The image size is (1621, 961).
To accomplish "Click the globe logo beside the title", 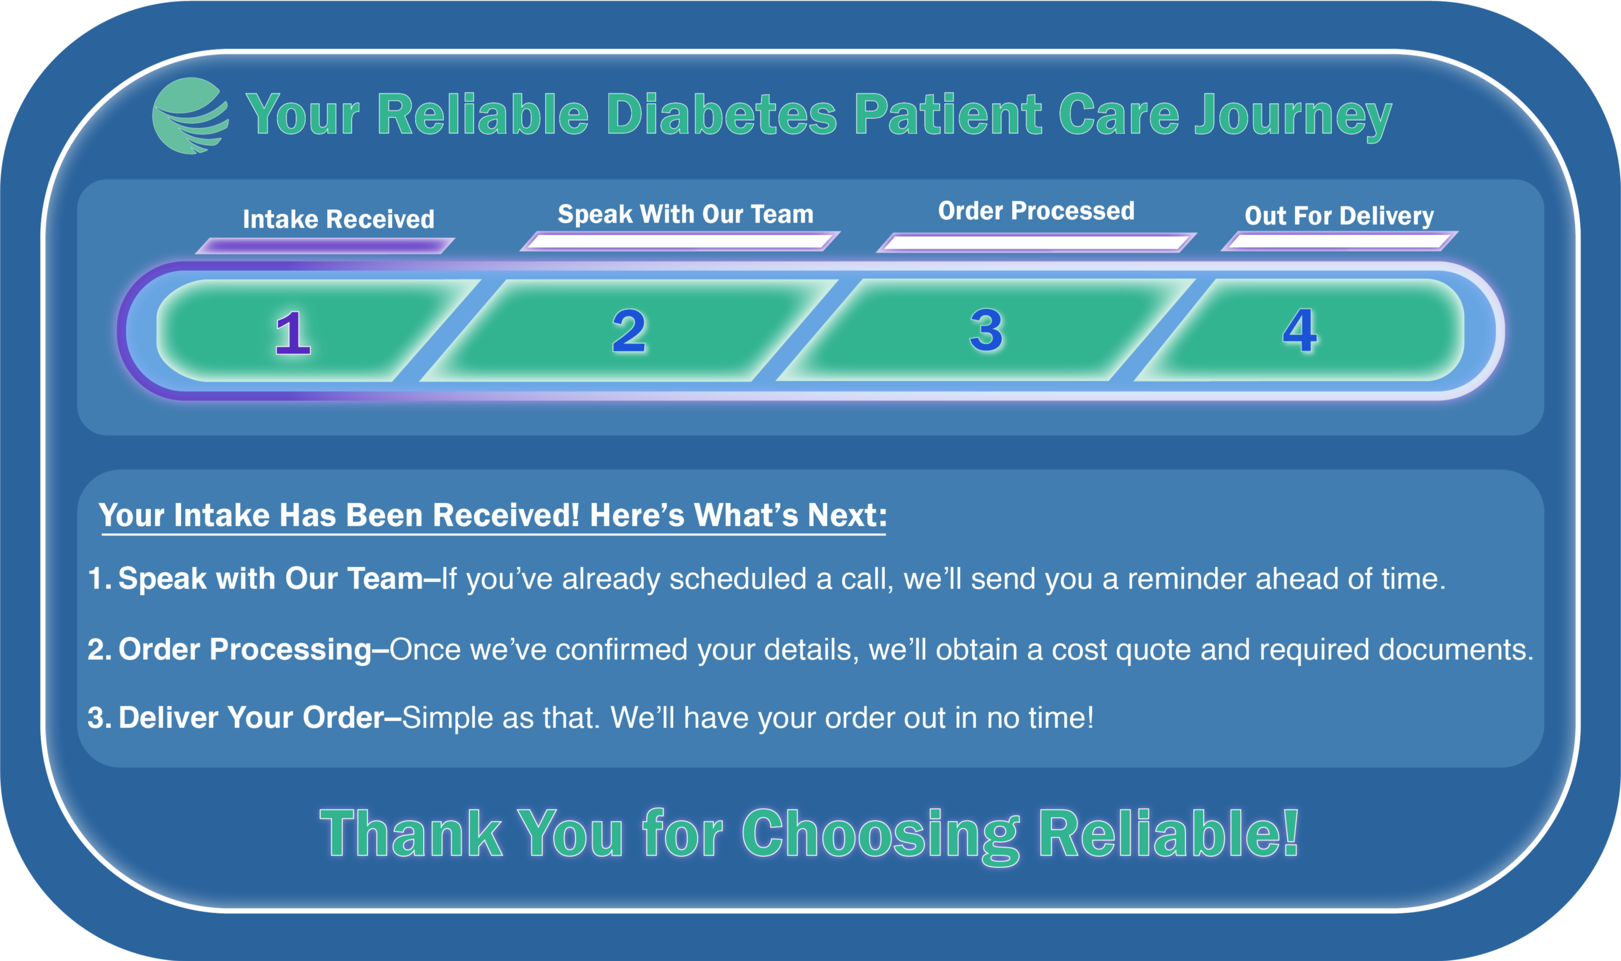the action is point(190,116).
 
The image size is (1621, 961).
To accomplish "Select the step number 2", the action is point(629,331).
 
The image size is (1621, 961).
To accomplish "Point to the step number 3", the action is point(986,330).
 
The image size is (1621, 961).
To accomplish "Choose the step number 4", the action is point(1299,330).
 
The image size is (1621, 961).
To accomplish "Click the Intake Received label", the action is point(339,219).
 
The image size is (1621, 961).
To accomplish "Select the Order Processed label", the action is point(1036,210).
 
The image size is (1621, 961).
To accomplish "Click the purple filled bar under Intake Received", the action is point(325,245).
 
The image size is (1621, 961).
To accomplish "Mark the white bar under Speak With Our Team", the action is point(680,241).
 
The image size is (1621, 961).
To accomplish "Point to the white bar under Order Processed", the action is point(1036,242).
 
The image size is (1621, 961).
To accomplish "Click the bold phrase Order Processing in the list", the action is point(245,650).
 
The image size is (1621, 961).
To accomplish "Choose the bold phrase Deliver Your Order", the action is point(252,717).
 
